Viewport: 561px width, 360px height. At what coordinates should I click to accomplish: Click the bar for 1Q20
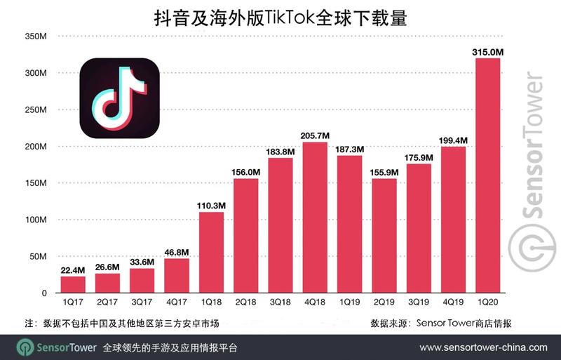[487, 175]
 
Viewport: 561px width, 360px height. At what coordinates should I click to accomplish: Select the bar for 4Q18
[314, 218]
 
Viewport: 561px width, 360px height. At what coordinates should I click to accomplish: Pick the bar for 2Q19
[384, 236]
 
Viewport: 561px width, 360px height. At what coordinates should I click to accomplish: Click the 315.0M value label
[488, 51]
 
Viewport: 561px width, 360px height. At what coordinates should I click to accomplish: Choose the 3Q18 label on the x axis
[280, 303]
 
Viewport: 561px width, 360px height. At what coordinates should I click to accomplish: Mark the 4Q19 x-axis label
[453, 303]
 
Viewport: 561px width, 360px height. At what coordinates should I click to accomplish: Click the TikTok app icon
[118, 99]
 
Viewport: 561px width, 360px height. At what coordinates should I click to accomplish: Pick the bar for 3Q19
[419, 228]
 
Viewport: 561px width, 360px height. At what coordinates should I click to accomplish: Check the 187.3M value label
[349, 148]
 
